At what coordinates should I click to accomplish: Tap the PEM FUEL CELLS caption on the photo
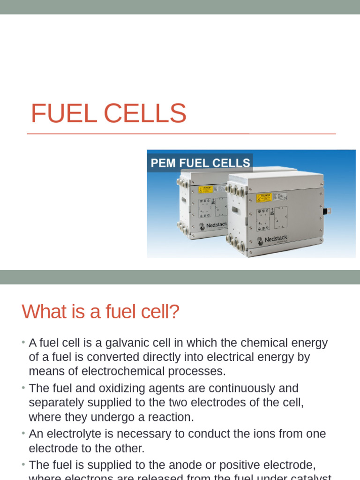(x=200, y=163)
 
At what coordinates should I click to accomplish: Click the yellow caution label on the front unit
(x=264, y=198)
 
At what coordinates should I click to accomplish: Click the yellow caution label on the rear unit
(x=205, y=190)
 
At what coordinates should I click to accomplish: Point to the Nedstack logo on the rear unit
(x=213, y=225)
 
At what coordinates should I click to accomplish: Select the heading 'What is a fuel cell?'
(x=101, y=312)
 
